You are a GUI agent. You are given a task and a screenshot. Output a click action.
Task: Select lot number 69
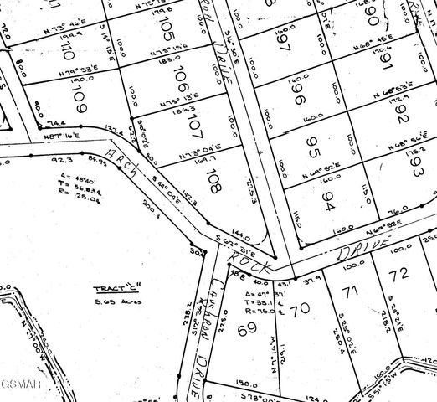click(x=246, y=331)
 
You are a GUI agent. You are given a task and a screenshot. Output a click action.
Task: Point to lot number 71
click(x=350, y=292)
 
